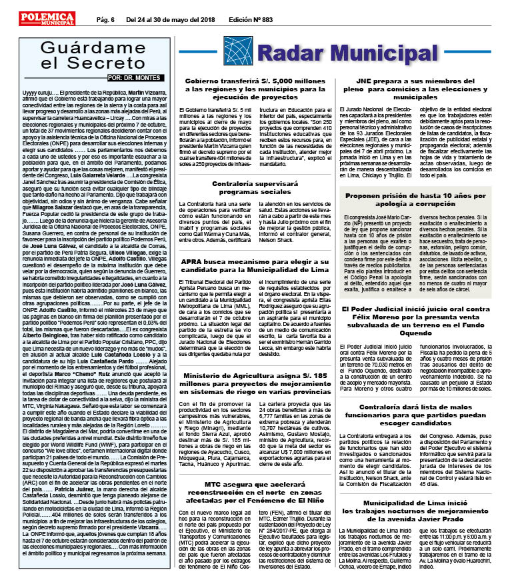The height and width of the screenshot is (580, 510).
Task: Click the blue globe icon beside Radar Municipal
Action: click(238, 51)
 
